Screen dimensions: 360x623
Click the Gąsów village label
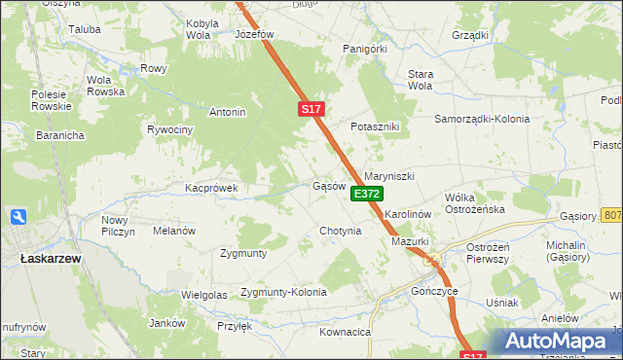329,185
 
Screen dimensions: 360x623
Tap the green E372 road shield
366,195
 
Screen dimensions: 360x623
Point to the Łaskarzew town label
50,258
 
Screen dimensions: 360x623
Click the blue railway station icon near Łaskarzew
17,218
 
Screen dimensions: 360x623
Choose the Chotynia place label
340,232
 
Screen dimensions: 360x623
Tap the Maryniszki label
389,176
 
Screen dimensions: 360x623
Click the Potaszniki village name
376,127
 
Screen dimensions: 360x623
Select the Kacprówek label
211,187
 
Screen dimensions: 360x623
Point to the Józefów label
255,34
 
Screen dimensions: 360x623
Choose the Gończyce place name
434,291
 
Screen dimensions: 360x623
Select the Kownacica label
346,332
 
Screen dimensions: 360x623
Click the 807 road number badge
611,214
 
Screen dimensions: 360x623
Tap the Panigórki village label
365,47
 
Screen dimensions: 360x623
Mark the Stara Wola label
420,79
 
